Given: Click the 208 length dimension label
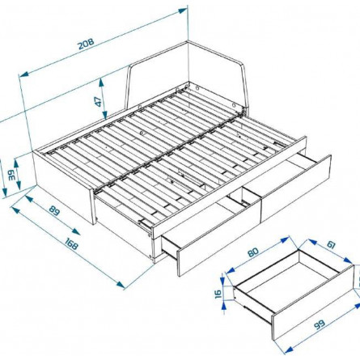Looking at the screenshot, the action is point(86,44).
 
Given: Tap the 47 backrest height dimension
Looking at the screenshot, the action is point(99,101).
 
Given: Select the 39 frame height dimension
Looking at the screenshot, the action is point(11,176).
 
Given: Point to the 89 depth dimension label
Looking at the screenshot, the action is point(54,211).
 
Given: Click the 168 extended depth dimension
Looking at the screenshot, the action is point(70,244).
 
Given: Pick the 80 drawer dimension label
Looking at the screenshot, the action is point(253,252).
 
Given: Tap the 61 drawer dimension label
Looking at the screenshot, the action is point(331,244).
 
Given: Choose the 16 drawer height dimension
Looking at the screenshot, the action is point(219,293).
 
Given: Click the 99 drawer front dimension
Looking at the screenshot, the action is point(320,324).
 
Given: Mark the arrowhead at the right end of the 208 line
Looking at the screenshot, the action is point(183,11).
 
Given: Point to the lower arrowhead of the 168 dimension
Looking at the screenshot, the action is point(121,284).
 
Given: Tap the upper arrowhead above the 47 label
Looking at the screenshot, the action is point(101,82).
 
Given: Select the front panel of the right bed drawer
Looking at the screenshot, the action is point(296,188).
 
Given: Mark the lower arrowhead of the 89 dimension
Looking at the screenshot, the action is point(76,231).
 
